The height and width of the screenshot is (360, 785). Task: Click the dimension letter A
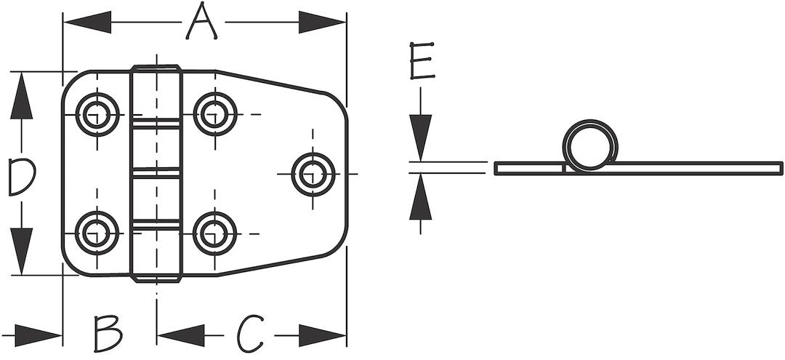(x=201, y=22)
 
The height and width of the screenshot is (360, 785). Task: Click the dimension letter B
(x=108, y=334)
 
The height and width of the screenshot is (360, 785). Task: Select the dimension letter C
(x=250, y=334)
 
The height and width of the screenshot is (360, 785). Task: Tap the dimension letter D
(x=22, y=176)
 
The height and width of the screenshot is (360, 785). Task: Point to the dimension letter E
(x=422, y=60)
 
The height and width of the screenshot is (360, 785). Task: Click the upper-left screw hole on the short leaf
(x=97, y=114)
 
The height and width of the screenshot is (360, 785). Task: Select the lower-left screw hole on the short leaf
(x=97, y=233)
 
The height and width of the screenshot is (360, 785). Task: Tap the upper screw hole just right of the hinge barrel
(x=214, y=114)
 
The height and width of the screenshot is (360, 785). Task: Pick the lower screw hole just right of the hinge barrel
(x=214, y=233)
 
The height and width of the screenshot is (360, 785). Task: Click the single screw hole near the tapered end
(x=313, y=175)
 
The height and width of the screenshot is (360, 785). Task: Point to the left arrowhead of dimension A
(x=87, y=22)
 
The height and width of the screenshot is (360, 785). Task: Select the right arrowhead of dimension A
(x=322, y=22)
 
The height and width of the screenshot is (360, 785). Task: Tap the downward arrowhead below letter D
(x=22, y=251)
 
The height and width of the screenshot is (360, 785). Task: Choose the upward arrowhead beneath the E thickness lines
(x=421, y=197)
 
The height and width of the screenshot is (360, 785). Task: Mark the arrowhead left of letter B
(x=39, y=335)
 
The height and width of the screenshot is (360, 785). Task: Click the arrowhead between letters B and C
(x=181, y=335)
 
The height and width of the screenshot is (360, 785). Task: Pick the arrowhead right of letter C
(x=323, y=335)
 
